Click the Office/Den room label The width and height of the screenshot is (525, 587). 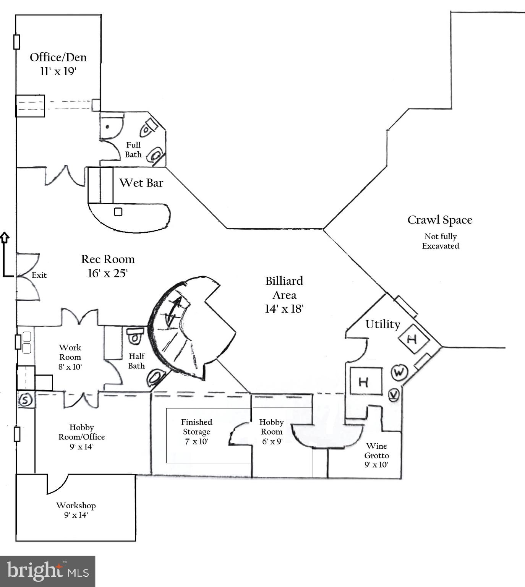tap(58, 57)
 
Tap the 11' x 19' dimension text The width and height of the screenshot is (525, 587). tap(58, 71)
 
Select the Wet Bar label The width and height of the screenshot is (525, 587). tap(141, 183)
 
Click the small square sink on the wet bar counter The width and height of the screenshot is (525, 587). tap(118, 211)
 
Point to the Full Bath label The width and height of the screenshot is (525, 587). tap(133, 150)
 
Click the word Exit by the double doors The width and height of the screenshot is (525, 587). tap(39, 275)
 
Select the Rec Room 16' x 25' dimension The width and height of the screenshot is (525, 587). tap(107, 273)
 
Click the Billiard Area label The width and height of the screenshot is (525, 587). tap(284, 288)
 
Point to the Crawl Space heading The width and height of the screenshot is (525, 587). tap(439, 220)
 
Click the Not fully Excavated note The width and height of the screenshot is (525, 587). tap(440, 241)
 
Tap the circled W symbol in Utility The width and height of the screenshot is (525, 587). tap(399, 372)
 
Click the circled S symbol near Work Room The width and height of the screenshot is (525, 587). tap(26, 400)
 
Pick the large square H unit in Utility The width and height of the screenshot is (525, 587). tap(366, 381)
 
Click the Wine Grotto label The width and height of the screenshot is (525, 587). tap(376, 451)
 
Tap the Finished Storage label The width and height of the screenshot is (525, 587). tap(196, 427)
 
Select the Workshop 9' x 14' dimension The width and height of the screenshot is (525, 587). tap(76, 515)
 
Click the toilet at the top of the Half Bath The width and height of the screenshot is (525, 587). tap(135, 336)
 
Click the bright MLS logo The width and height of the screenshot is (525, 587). tap(47, 571)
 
